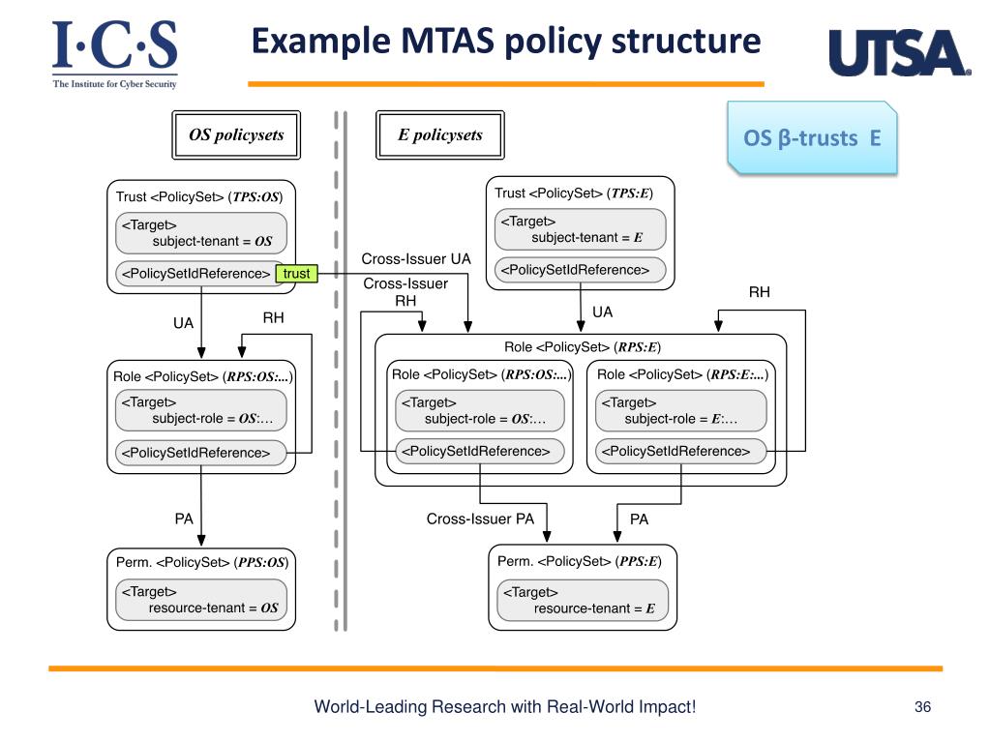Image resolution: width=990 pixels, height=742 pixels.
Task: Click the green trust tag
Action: coord(297,274)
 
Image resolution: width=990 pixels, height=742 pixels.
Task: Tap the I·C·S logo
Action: coord(114,54)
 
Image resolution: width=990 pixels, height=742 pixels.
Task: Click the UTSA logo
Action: coord(900,53)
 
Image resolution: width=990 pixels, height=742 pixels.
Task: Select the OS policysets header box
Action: coord(236,135)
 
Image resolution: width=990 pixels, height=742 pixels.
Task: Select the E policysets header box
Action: coord(440,135)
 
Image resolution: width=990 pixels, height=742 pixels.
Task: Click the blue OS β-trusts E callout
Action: coord(812,137)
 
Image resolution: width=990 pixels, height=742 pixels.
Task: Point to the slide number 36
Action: coord(922,706)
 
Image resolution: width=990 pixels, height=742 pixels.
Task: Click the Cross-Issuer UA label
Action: coord(416,258)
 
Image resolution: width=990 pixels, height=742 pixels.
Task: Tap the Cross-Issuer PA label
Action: coord(480,519)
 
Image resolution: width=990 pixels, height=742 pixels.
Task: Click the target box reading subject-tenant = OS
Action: coord(201,233)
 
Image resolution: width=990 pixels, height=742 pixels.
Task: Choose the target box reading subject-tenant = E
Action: coord(581,229)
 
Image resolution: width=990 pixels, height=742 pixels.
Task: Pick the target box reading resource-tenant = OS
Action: coord(201,600)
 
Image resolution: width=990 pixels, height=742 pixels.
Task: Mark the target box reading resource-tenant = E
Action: coord(583,600)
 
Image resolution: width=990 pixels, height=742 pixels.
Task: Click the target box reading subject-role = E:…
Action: coord(680,411)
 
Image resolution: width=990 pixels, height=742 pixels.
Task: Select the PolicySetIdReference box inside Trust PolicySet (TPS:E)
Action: coord(581,270)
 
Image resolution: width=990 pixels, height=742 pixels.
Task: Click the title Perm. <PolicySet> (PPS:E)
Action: coord(580,561)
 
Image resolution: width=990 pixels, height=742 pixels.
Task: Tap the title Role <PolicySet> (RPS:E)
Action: coord(583,347)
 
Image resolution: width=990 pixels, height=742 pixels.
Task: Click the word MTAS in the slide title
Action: coord(448,41)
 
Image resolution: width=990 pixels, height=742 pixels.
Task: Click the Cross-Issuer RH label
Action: coord(405,292)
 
